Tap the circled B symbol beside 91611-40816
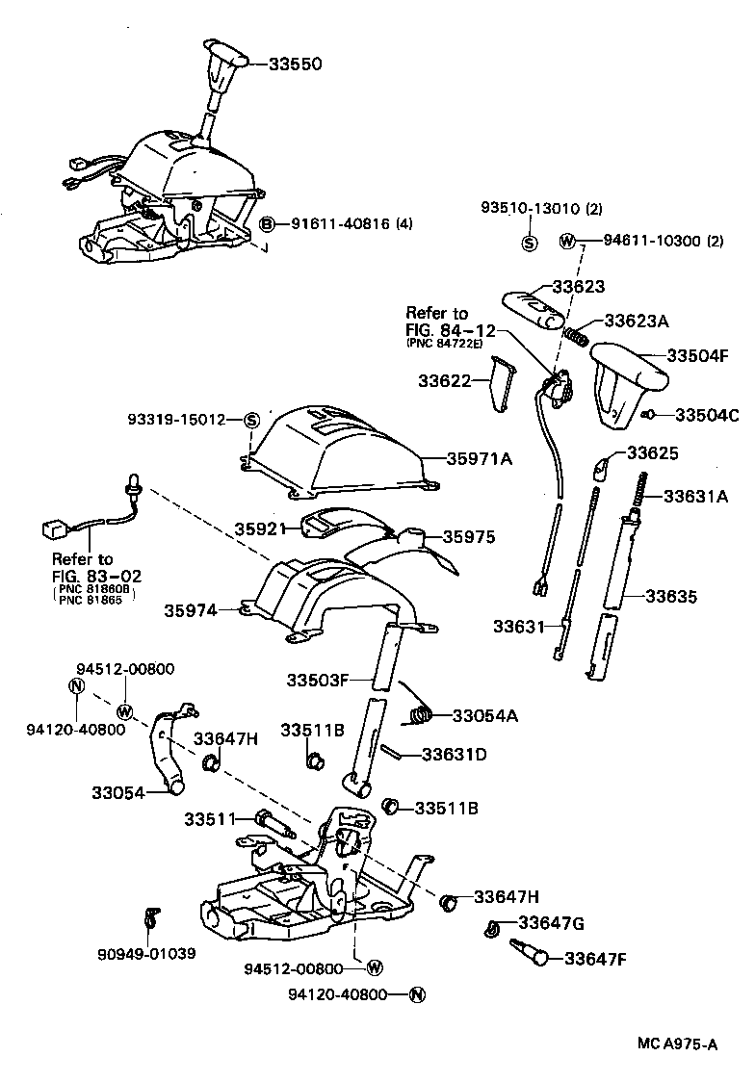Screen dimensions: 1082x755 [269, 224]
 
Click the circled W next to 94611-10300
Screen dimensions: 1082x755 [567, 241]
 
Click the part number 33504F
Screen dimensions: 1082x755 [706, 355]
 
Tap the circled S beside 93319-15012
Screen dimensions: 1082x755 [249, 420]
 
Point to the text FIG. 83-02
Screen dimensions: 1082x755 [97, 576]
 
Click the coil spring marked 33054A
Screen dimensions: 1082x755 [419, 714]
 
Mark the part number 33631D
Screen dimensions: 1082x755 [454, 755]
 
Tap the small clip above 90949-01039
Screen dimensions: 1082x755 [148, 917]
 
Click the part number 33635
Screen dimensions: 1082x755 [671, 597]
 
